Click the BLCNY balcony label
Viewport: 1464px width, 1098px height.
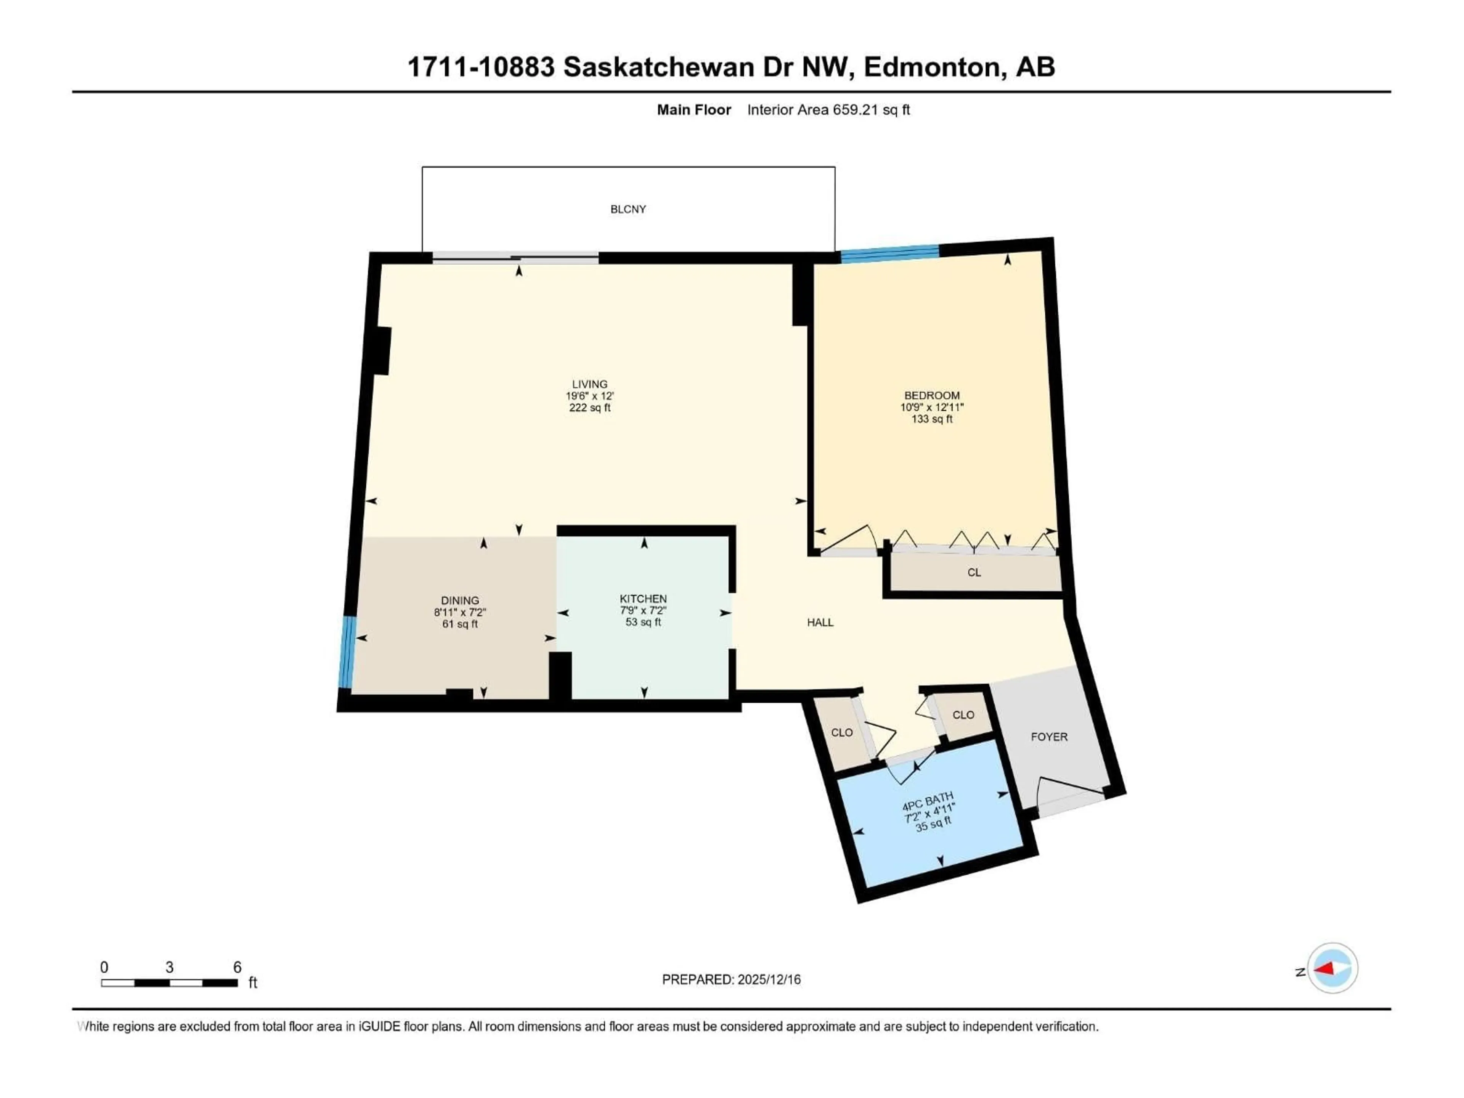628,209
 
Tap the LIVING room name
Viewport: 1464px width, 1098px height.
589,384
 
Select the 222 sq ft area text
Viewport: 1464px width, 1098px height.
589,408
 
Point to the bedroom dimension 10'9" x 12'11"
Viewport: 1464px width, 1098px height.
931,407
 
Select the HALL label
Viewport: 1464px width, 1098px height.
820,622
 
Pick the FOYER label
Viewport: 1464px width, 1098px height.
1049,737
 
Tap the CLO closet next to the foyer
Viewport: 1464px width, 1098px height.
963,715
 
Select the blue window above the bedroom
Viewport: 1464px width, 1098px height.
889,254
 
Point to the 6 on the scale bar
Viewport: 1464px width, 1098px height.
237,967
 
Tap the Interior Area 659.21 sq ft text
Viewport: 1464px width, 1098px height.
828,110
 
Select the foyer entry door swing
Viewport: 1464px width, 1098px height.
1067,791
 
